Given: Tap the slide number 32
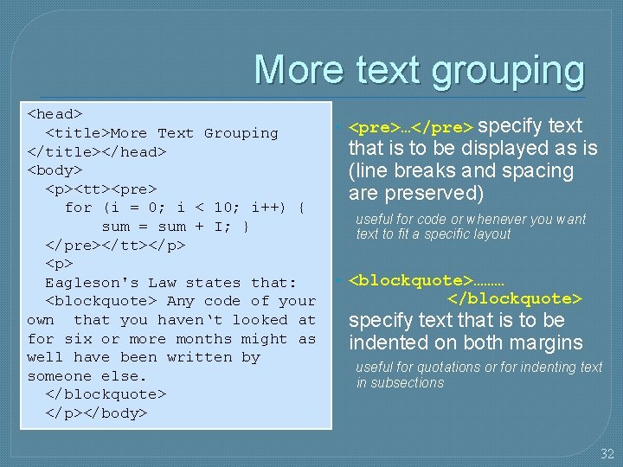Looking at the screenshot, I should coord(607,453).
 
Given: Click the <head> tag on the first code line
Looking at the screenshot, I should coord(55,114).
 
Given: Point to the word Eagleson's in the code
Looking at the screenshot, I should coord(92,283).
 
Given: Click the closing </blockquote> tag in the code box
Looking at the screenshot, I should coord(106,395).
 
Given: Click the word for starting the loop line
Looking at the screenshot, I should coord(78,208).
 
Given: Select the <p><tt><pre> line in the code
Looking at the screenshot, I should coord(101,189).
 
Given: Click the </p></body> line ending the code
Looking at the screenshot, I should coord(96,413).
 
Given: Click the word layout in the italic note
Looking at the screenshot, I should coord(487,234).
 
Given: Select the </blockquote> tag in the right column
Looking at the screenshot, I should coord(514,299).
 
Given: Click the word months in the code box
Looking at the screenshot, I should coord(183,339).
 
